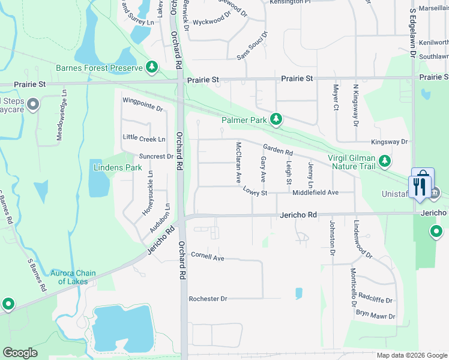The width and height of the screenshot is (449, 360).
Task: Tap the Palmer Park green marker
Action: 276,120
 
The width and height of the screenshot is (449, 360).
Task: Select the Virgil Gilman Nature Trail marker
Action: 385,161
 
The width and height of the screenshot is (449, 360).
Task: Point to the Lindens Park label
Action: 118,167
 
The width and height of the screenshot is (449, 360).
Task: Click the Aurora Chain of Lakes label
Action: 73,277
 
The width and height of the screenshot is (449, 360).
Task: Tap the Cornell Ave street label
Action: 207,257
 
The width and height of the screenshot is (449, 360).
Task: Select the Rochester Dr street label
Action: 208,299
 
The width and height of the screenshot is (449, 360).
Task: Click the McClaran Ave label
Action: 238,163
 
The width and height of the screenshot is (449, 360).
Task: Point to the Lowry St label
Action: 255,190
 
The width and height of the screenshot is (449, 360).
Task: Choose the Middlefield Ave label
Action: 316,193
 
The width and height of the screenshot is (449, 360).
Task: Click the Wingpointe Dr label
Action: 142,104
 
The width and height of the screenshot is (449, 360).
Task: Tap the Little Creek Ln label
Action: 144,139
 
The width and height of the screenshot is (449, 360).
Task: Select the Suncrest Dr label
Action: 156,157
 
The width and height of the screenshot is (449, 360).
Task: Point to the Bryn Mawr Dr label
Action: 376,316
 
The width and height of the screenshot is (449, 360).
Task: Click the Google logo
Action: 20,353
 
